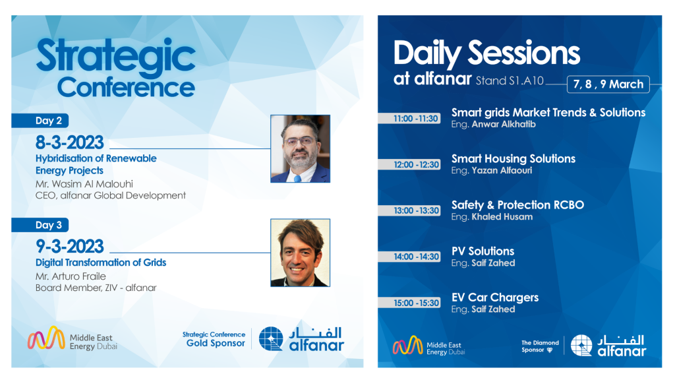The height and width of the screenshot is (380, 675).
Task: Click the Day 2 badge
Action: click(x=40, y=121)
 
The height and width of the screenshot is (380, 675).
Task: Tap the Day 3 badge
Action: click(x=40, y=225)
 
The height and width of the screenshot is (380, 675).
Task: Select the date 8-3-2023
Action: click(x=70, y=142)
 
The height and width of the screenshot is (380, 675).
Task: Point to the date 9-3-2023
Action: click(x=70, y=247)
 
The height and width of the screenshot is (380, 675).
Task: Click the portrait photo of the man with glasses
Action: click(x=300, y=148)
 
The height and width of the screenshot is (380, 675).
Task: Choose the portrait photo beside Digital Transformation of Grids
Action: click(x=300, y=253)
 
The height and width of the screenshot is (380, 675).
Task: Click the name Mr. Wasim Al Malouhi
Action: click(x=84, y=184)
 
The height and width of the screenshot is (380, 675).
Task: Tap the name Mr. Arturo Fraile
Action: click(x=71, y=276)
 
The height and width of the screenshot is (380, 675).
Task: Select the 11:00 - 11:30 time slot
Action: click(x=409, y=119)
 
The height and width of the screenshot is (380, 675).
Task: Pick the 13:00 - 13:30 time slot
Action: click(x=409, y=210)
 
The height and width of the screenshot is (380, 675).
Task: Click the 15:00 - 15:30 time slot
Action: click(x=409, y=303)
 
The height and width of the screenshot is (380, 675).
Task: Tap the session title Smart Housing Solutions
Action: click(x=513, y=159)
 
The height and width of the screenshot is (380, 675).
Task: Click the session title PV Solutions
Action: click(x=483, y=251)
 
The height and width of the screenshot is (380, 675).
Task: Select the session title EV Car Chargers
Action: click(x=495, y=298)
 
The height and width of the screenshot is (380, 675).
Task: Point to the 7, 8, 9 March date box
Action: click(x=608, y=84)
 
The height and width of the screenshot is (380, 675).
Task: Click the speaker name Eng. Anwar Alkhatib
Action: click(x=493, y=125)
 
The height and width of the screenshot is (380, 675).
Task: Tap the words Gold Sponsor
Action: click(x=216, y=343)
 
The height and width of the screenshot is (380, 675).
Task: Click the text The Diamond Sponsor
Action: click(x=540, y=346)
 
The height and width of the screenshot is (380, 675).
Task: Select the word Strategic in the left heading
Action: click(x=116, y=57)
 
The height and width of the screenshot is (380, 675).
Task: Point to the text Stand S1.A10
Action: click(x=510, y=81)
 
